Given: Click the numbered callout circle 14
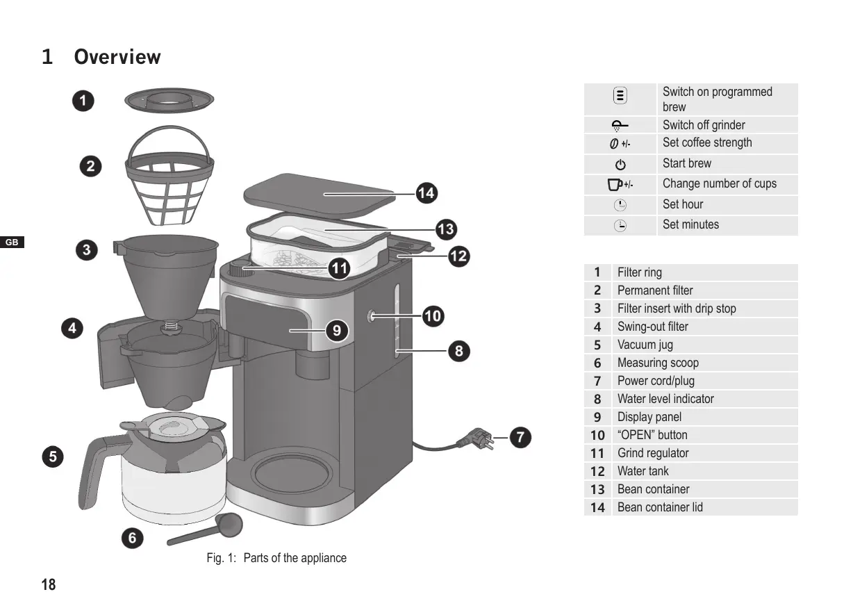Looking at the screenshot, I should coord(426,192).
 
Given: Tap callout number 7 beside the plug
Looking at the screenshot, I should coord(520,438).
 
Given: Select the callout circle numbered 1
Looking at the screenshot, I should coord(83,101).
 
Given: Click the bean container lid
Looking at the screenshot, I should coord(320,193).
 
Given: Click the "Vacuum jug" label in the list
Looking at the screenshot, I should coord(645,345).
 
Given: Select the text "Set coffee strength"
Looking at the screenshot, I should coord(707,143).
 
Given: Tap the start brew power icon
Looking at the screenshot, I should coord(620,165).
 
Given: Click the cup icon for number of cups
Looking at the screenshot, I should coord(614,184).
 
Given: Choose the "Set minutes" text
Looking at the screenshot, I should coord(690,224).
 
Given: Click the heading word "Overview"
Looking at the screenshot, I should coord(117,57).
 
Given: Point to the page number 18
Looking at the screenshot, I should coord(49,584).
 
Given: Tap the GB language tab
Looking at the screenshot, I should coord(12,243).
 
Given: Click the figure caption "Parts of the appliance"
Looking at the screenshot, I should coord(295,558).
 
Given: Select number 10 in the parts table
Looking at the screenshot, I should coord(597,435).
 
